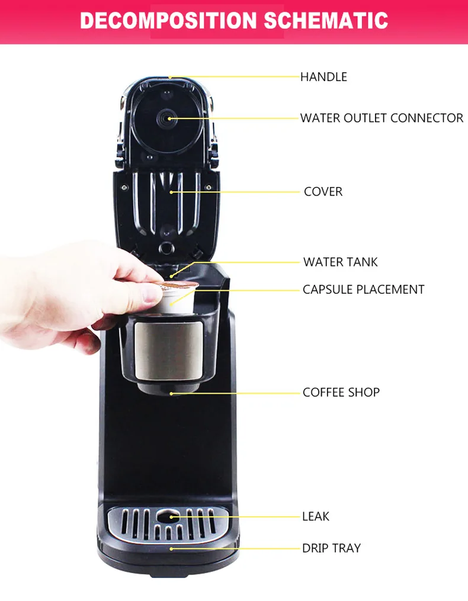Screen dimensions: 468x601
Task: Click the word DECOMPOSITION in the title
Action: click(x=169, y=21)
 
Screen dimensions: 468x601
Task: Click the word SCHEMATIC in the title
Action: click(x=326, y=21)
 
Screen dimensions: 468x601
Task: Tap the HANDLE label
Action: click(x=323, y=77)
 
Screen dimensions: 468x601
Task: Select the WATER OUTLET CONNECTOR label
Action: click(x=382, y=118)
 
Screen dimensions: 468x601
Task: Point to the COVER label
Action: click(x=323, y=192)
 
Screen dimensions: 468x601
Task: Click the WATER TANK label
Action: click(x=340, y=262)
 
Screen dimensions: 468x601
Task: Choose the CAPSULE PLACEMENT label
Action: click(x=363, y=290)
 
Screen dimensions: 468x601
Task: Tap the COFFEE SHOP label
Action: click(x=341, y=392)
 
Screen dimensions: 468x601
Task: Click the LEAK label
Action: click(x=315, y=516)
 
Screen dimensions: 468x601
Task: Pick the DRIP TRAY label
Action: click(x=331, y=548)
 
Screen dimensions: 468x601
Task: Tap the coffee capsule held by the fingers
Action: click(x=178, y=296)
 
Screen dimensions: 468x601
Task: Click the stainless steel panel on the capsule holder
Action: click(x=168, y=351)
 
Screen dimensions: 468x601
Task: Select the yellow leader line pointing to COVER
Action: click(x=237, y=192)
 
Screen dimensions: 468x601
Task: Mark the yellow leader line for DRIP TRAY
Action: click(x=237, y=548)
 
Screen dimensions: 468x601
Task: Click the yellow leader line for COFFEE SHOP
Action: click(x=237, y=392)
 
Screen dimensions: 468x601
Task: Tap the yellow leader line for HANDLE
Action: click(x=237, y=77)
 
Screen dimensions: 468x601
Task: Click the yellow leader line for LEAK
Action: click(x=237, y=516)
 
